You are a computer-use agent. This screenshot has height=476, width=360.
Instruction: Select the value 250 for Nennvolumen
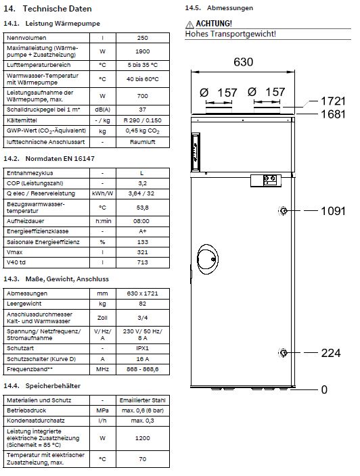tap(142, 39)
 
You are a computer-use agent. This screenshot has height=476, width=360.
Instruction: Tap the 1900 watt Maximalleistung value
tap(142, 51)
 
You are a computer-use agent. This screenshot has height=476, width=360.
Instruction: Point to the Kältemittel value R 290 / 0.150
tap(142, 120)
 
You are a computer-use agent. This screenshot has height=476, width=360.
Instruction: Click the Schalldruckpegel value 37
tap(142, 109)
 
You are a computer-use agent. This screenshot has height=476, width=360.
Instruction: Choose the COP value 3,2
tap(142, 183)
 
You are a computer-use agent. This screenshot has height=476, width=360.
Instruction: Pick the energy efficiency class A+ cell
tap(142, 231)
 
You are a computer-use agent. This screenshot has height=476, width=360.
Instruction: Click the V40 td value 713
tap(142, 262)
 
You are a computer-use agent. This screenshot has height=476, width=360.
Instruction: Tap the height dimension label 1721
tap(333, 101)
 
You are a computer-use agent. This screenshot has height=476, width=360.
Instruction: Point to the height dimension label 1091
tap(333, 212)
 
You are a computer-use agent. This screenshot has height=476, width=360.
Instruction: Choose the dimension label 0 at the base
tap(324, 389)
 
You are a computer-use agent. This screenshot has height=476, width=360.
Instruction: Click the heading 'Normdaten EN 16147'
tap(60, 158)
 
